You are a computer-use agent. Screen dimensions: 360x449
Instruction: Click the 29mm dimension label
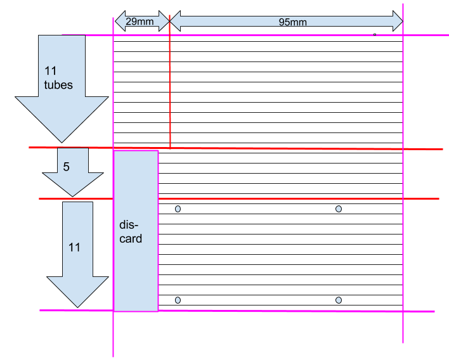(140, 22)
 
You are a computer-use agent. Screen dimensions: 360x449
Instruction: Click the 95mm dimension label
(292, 22)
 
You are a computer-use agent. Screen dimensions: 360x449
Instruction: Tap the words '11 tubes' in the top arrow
(58, 77)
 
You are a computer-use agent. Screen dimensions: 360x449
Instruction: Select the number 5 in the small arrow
(67, 167)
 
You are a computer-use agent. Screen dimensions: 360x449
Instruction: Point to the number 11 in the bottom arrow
(74, 247)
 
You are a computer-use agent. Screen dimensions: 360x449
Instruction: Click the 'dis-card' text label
(131, 232)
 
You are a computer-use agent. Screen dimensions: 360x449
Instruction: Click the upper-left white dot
(178, 209)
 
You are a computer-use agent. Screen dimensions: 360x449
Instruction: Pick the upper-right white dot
(339, 209)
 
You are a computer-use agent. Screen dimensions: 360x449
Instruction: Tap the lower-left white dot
(178, 300)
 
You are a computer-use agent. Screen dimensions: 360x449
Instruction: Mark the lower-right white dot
(339, 300)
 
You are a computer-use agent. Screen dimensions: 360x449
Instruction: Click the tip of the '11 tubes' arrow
(62, 141)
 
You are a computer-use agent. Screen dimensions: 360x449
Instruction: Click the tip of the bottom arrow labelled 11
(77, 307)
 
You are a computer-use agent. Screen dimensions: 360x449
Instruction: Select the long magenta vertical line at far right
(403, 254)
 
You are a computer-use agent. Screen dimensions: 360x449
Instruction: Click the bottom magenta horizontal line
(285, 311)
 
